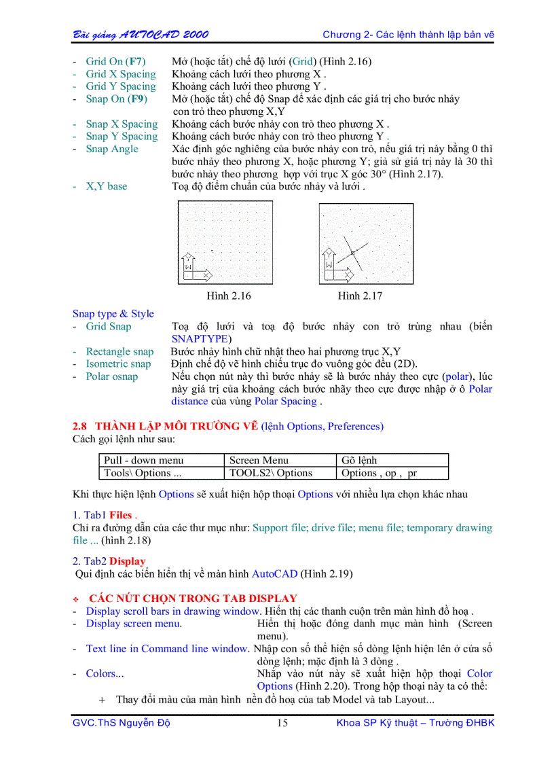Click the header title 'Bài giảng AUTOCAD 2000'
click(x=141, y=35)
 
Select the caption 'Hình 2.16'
click(x=229, y=296)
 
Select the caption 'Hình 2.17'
click(x=360, y=296)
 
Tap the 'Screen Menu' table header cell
click(x=259, y=461)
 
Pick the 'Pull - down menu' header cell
click(x=144, y=461)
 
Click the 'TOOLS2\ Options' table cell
click(x=271, y=473)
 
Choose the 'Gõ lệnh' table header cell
click(x=359, y=461)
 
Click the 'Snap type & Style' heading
click(x=113, y=314)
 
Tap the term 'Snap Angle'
click(x=112, y=149)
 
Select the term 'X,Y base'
click(x=106, y=186)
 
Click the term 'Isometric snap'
click(x=118, y=364)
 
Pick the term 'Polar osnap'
click(x=111, y=376)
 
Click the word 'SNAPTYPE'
click(x=201, y=339)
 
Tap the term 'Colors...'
click(x=105, y=674)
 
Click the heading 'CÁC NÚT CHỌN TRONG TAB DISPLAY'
click(x=193, y=599)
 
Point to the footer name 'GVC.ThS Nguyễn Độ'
click(x=122, y=723)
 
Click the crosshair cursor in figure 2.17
click(x=352, y=253)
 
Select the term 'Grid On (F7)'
click(x=115, y=62)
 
